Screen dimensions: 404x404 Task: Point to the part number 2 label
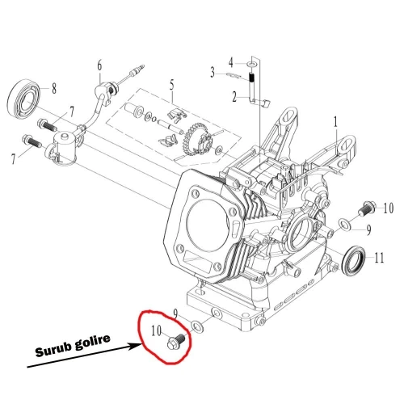click(234, 97)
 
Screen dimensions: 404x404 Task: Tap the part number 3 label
click(213, 72)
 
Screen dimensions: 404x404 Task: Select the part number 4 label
click(230, 61)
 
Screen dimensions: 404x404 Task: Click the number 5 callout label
click(171, 84)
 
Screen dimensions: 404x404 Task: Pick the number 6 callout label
click(99, 65)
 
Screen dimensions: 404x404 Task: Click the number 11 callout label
click(378, 258)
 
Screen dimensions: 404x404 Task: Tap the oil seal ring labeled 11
click(352, 261)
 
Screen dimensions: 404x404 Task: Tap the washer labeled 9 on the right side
click(345, 222)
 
